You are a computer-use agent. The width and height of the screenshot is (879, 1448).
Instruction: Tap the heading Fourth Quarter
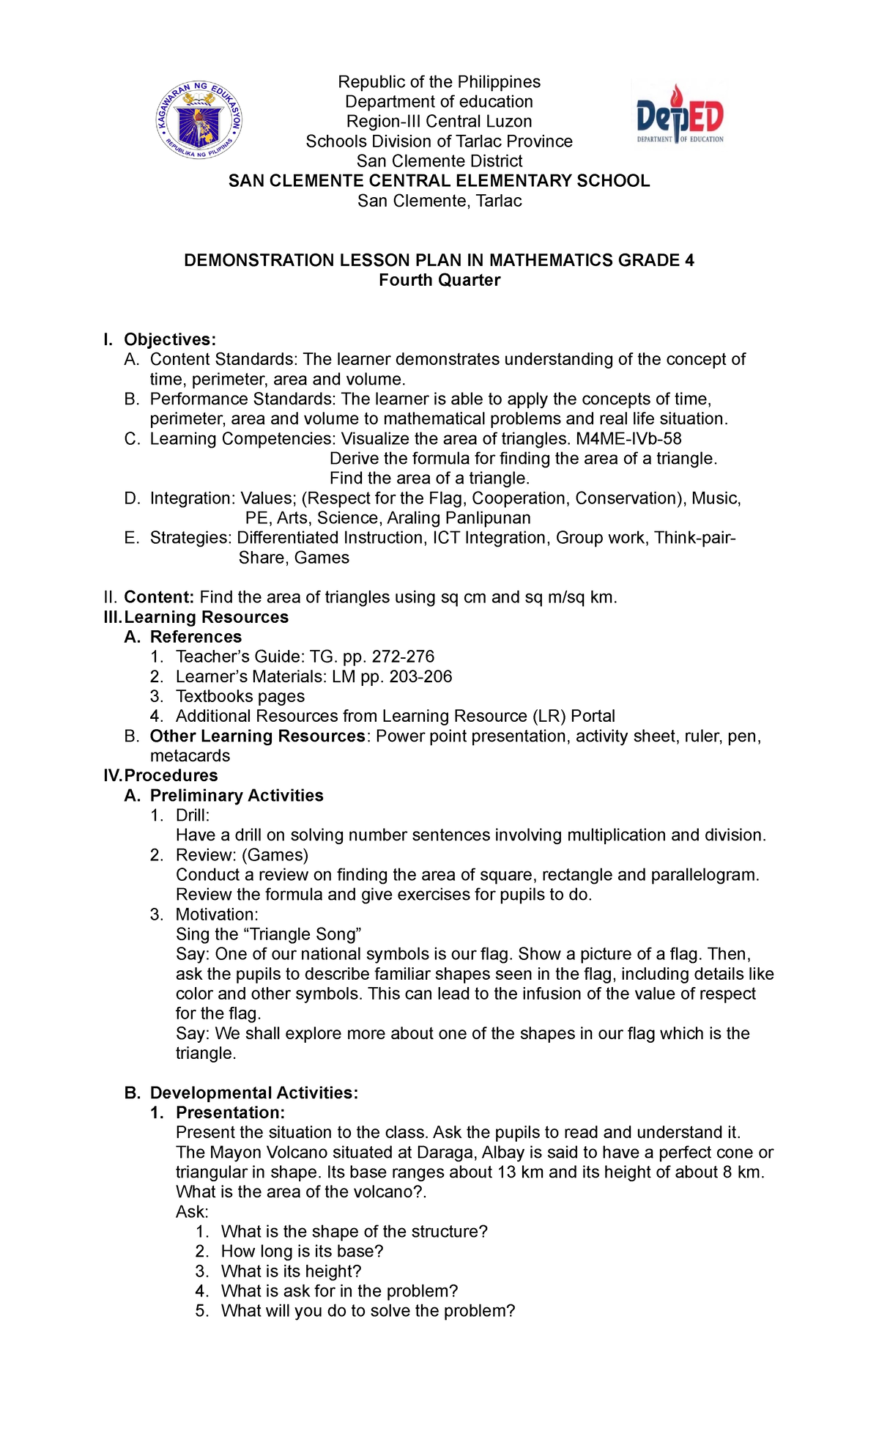coord(439,280)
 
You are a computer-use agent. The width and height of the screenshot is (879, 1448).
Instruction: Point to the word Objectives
coord(169,339)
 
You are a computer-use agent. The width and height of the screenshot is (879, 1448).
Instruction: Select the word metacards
coord(190,756)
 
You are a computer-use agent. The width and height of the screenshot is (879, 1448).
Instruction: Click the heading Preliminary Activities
coord(237,796)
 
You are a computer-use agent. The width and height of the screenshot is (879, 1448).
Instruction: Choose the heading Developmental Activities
coord(253,1093)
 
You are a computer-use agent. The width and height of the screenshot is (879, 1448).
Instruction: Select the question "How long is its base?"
coord(303,1252)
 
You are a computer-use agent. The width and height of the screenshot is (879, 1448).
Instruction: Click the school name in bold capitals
coord(439,181)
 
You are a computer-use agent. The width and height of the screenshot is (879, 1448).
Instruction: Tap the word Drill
coord(192,816)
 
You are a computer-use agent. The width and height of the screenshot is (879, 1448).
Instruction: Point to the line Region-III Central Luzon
coord(439,122)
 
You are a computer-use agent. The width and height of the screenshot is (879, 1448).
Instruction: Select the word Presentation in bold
coord(230,1113)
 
